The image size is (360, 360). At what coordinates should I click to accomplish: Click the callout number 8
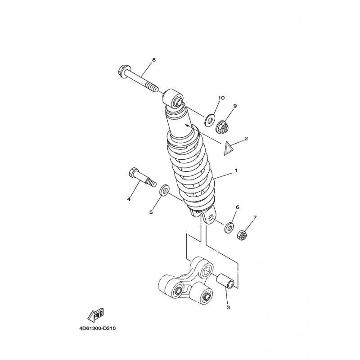coord(153,60)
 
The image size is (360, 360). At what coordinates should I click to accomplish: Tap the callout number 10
coord(221,98)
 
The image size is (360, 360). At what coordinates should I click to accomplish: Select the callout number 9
coord(235,106)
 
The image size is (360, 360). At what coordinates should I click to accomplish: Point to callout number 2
coord(246,139)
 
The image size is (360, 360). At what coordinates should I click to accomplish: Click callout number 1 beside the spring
coord(236,171)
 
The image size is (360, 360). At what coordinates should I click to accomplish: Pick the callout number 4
coord(129,199)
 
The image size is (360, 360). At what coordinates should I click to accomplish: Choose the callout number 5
coord(151,212)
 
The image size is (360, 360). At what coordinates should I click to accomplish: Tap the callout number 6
coord(238,207)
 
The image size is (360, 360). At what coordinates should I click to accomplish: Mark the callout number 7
coord(255,217)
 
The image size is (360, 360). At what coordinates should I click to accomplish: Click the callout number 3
coord(228,307)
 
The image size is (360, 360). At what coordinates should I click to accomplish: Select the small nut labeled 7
coord(242,235)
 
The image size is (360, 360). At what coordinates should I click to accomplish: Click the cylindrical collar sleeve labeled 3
coord(226,280)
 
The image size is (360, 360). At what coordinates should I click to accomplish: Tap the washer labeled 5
coord(164,189)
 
